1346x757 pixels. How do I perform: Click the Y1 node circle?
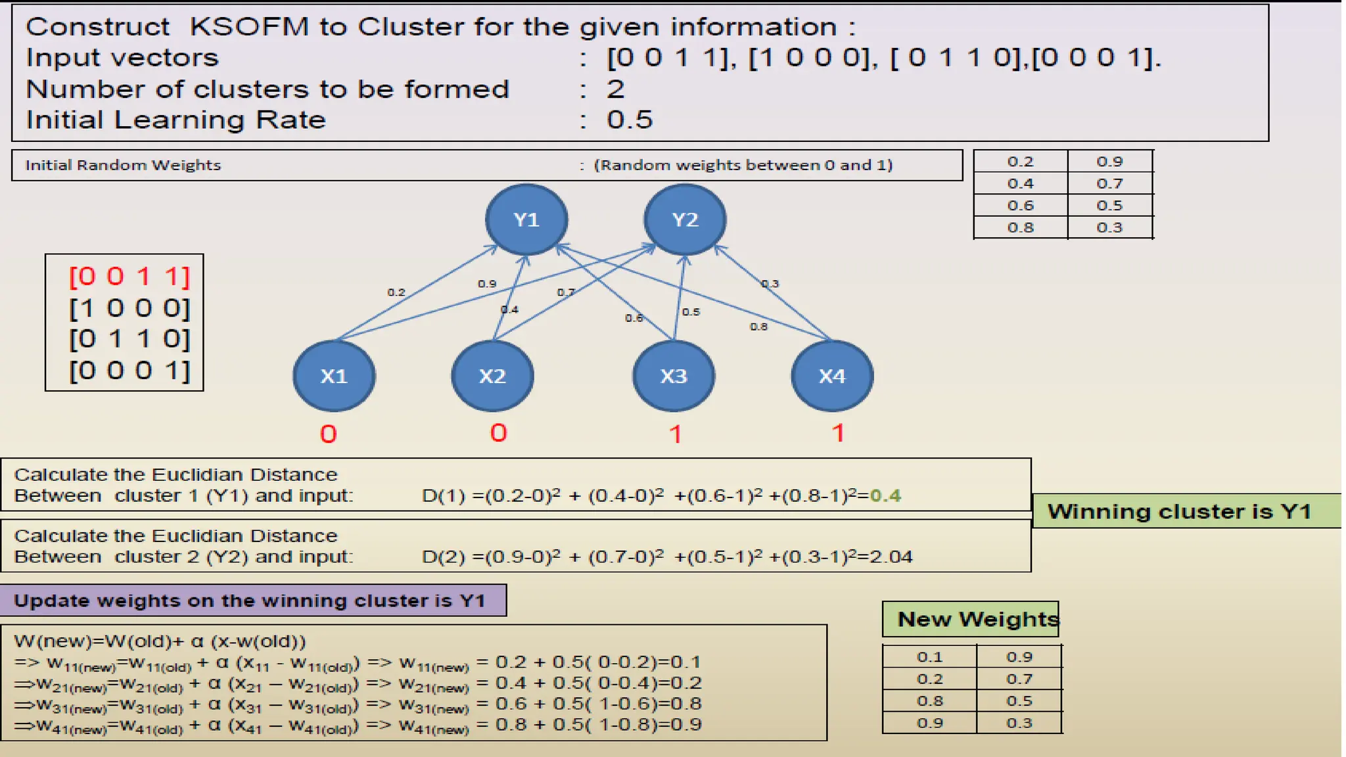tap(526, 219)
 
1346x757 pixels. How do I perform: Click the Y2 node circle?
tap(685, 219)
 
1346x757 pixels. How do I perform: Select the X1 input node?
tap(334, 376)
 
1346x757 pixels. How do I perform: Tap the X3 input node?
tap(674, 376)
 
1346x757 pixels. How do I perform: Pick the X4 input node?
tap(832, 376)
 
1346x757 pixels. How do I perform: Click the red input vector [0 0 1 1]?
tap(129, 277)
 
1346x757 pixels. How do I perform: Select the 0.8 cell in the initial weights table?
tap(1020, 227)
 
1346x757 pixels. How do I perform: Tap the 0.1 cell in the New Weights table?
tap(929, 657)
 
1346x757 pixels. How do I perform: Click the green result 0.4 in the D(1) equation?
tap(885, 495)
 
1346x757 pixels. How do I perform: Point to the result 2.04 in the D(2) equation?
tap(891, 557)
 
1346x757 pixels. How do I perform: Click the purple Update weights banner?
tap(253, 601)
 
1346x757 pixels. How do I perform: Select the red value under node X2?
tap(499, 433)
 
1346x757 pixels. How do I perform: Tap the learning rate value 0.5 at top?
tap(630, 120)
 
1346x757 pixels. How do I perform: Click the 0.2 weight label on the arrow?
tap(396, 292)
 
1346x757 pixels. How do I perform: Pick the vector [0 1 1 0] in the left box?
tap(129, 339)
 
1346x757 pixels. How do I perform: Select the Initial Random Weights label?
tap(123, 165)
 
